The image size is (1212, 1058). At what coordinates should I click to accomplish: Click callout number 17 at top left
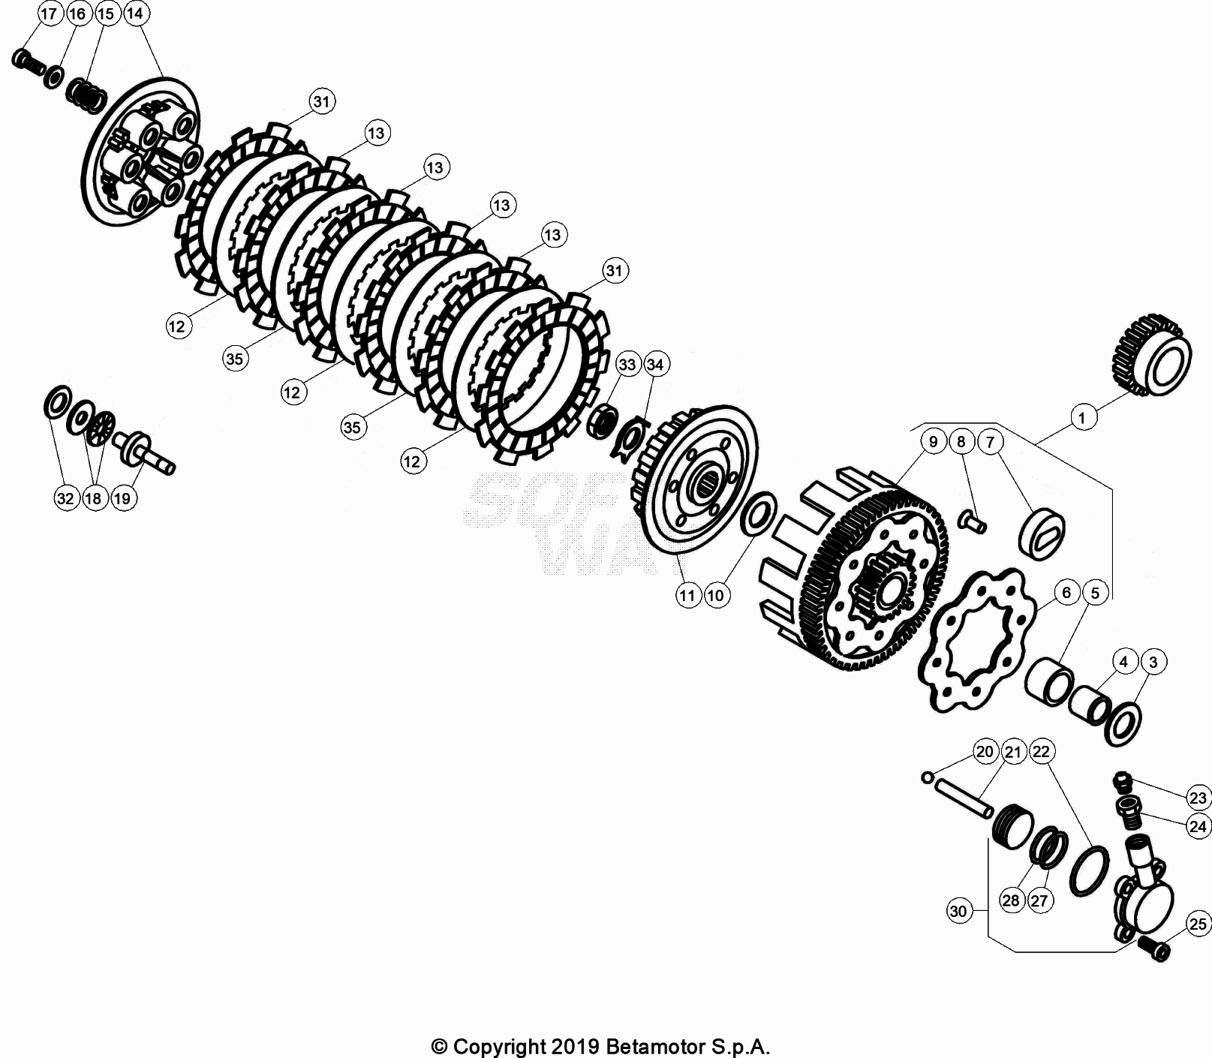coord(49,14)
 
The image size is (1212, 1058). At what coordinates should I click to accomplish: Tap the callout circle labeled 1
coord(1081,417)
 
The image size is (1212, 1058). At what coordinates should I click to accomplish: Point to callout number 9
coord(933,441)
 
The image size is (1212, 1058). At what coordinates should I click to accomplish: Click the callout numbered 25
coord(1198,924)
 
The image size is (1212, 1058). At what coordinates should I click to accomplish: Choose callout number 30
coord(958,912)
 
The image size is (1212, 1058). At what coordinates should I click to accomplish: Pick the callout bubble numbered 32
coord(66,498)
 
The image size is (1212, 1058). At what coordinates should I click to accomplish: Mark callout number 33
coord(627,365)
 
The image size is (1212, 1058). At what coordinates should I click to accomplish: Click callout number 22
coord(1042,751)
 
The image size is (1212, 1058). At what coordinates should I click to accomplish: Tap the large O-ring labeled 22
coord(1089,871)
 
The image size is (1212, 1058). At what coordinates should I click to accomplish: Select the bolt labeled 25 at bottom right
coord(1155,948)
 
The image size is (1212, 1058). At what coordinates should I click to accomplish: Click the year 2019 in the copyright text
coord(573,1046)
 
